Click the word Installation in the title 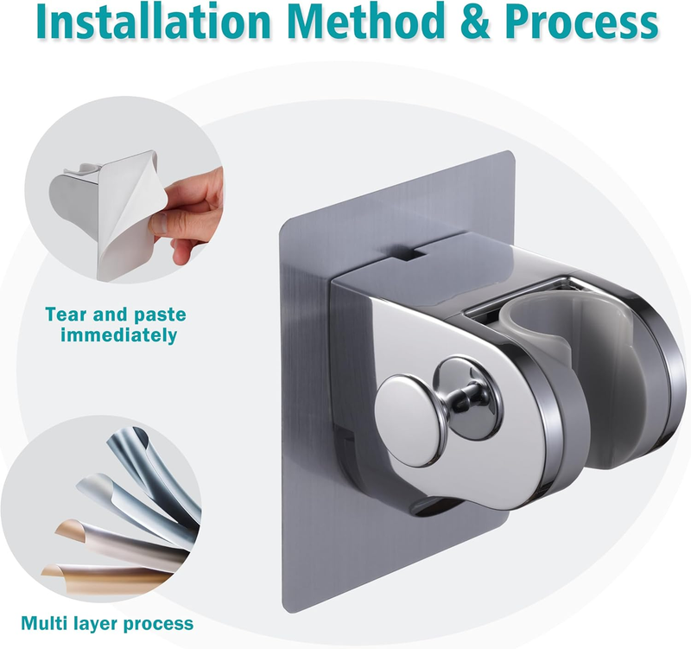pos(153,21)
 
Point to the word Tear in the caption pos(65,315)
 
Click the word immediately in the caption pos(119,335)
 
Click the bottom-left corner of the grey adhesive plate pos(283,611)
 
